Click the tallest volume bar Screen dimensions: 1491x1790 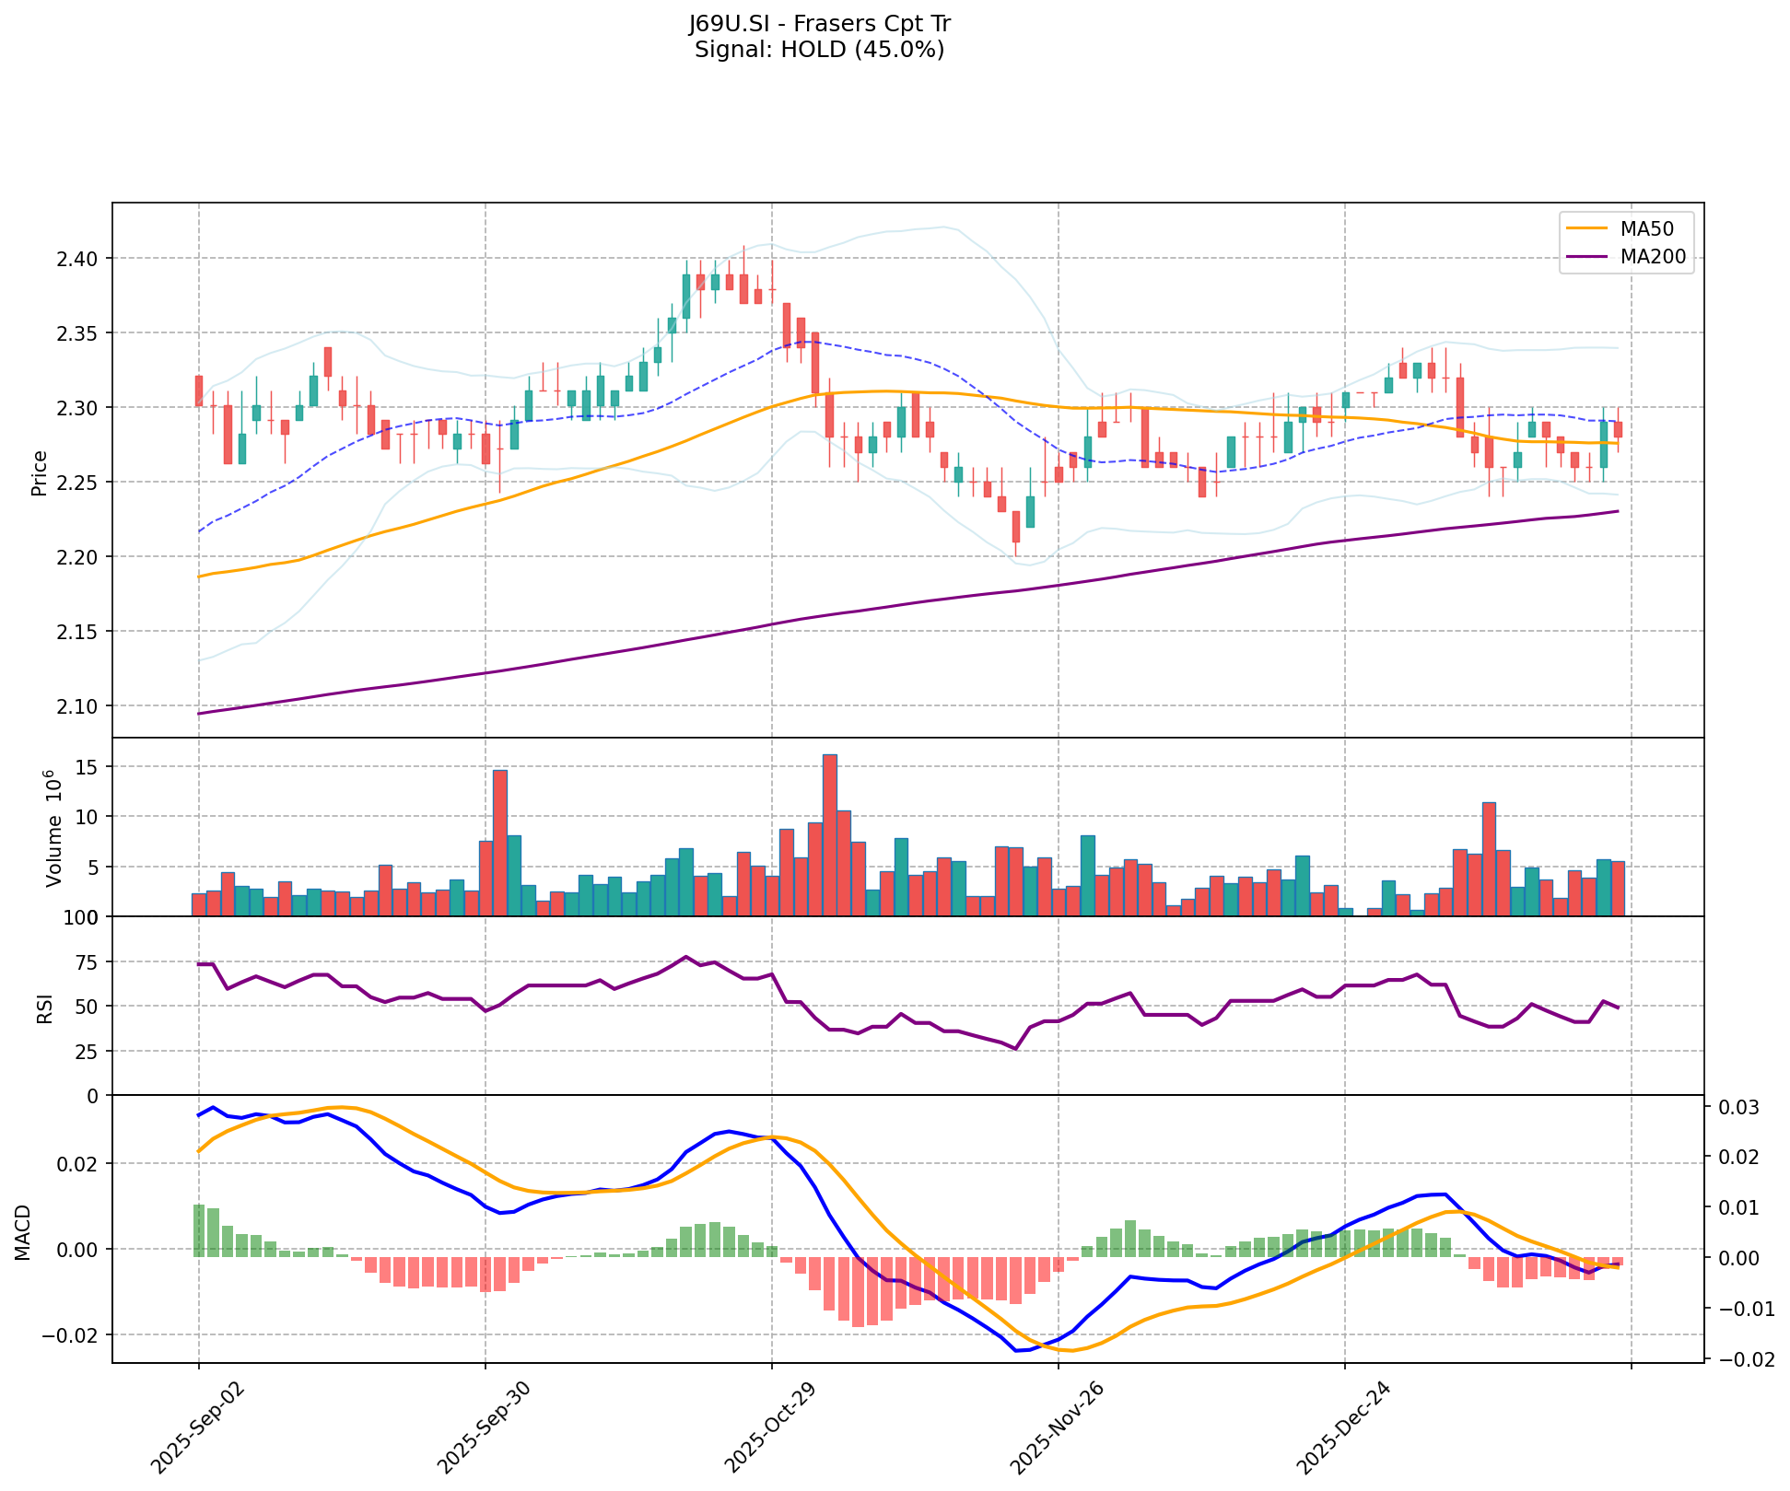tap(829, 834)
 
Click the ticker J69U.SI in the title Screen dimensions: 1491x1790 tap(729, 24)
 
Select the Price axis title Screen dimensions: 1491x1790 tap(40, 473)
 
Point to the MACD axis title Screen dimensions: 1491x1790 tap(23, 1232)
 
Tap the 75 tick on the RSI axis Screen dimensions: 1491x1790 tap(88, 961)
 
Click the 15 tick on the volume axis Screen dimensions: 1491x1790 tap(90, 767)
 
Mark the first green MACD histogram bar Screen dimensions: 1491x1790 tap(199, 1230)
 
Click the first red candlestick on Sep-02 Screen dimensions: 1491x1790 tap(199, 390)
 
